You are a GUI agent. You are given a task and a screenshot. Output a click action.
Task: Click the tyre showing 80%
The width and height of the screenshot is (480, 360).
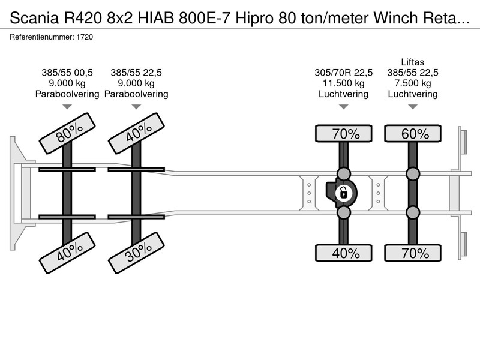pyautogui.click(x=67, y=133)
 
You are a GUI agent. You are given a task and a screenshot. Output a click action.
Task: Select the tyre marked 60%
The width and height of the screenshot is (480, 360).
pyautogui.click(x=413, y=133)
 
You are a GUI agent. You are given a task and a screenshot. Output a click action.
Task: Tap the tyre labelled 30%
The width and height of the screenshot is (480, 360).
pyautogui.click(x=137, y=253)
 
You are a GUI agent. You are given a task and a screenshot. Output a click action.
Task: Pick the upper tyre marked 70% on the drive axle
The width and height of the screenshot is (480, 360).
pyautogui.click(x=343, y=133)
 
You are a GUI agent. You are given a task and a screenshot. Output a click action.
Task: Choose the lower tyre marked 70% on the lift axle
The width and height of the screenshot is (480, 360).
pyautogui.click(x=413, y=253)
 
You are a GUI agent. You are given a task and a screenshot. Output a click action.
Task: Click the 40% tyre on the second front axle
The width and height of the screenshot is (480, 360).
pyautogui.click(x=137, y=133)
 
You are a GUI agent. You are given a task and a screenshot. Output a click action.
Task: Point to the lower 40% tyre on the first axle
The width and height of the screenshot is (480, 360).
pyautogui.click(x=67, y=253)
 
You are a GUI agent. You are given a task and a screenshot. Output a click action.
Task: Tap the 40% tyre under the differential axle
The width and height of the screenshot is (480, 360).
pyautogui.click(x=343, y=253)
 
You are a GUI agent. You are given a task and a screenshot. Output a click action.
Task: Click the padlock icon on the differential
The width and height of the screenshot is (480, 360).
pyautogui.click(x=343, y=193)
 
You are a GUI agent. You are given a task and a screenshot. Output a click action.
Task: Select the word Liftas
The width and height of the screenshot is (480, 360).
pyautogui.click(x=413, y=62)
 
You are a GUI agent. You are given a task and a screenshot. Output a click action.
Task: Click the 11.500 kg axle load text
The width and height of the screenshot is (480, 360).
pyautogui.click(x=343, y=83)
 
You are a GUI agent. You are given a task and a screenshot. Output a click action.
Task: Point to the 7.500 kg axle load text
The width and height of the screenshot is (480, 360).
pyautogui.click(x=413, y=83)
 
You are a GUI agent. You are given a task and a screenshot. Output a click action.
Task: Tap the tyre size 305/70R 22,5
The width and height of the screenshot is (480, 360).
pyautogui.click(x=343, y=73)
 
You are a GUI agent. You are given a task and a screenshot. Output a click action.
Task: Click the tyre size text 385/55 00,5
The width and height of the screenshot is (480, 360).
pyautogui.click(x=67, y=73)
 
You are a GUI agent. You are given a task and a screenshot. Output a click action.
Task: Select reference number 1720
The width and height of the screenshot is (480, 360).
pyautogui.click(x=85, y=37)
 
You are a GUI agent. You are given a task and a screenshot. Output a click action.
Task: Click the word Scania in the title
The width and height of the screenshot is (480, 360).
pyautogui.click(x=34, y=18)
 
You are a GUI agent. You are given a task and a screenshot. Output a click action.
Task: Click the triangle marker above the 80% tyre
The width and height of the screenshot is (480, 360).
pyautogui.click(x=67, y=107)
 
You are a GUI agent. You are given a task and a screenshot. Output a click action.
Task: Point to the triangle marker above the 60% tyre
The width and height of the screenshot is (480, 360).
pyautogui.click(x=413, y=107)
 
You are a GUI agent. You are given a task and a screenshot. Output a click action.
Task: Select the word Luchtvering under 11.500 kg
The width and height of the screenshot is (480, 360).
pyautogui.click(x=343, y=94)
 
